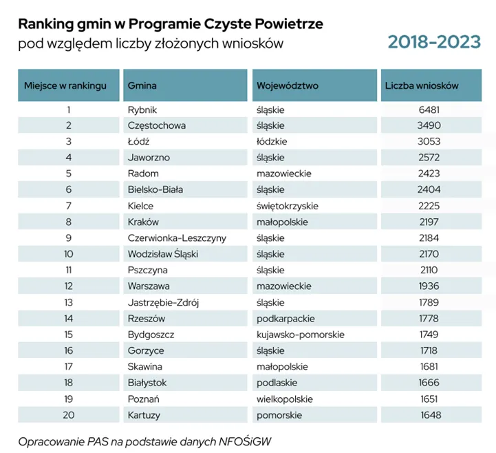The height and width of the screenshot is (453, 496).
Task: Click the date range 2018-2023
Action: (433, 42)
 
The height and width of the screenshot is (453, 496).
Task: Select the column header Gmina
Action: (142, 86)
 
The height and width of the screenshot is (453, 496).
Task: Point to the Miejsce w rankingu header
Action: (65, 86)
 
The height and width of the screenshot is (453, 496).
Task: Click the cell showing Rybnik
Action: (142, 109)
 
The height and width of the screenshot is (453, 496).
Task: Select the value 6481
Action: (429, 109)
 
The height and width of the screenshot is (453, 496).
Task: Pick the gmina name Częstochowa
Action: (157, 125)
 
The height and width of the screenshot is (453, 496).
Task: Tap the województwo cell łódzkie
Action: (272, 141)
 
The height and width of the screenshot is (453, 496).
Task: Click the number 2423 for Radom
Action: (429, 173)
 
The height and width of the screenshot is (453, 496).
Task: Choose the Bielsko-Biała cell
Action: (155, 189)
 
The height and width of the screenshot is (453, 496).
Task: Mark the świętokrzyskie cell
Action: (288, 205)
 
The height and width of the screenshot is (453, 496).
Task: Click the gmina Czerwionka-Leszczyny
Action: (177, 238)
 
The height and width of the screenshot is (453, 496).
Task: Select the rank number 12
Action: (68, 285)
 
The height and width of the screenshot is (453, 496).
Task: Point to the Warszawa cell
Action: (149, 285)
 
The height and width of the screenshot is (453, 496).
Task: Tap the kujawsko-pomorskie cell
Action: (300, 334)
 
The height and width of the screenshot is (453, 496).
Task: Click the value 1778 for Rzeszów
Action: (429, 317)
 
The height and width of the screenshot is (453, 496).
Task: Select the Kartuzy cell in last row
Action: (144, 414)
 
